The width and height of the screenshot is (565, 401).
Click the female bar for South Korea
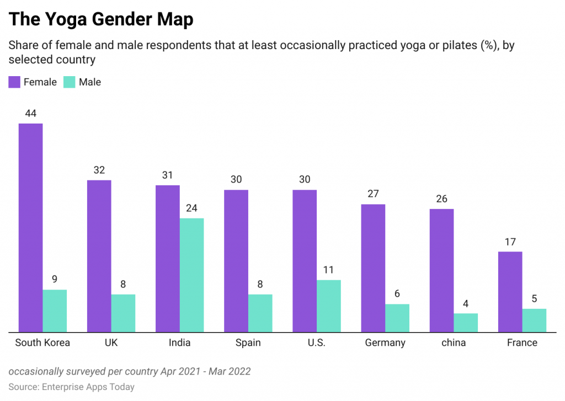30,227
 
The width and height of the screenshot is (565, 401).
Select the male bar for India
191,275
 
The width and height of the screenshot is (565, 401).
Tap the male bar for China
466,323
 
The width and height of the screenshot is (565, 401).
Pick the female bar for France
510,292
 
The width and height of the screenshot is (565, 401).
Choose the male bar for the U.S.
329,306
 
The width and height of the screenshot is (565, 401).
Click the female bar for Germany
373,268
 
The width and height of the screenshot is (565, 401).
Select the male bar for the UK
123,313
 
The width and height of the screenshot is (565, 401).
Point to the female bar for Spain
236,261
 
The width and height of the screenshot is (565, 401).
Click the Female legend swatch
14,82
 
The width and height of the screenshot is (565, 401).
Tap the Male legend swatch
69,82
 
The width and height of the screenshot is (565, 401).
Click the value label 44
30,113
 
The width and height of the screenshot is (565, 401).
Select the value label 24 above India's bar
191,208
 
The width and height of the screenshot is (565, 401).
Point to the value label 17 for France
510,242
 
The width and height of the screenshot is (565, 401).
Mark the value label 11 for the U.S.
329,270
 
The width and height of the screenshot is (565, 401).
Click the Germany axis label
385,343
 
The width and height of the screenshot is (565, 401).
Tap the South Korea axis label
42,343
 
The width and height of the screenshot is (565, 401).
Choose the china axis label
454,343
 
